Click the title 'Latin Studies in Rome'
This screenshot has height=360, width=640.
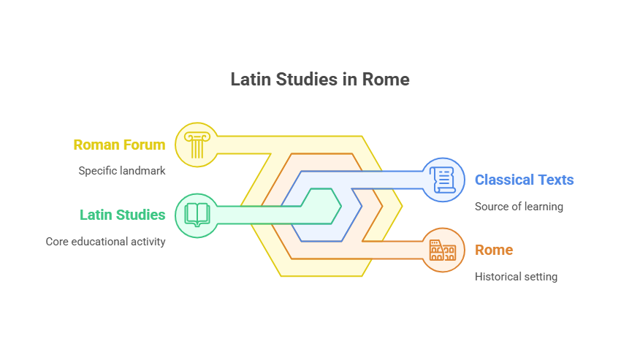[320, 79]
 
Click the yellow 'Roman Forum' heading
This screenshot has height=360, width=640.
[119, 145]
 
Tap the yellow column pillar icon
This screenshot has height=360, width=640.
[197, 145]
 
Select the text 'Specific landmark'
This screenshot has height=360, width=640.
[122, 171]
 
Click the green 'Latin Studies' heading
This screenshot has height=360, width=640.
[122, 215]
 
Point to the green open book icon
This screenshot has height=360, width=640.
[197, 215]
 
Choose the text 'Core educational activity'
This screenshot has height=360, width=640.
[105, 241]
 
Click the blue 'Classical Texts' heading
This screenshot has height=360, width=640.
[524, 180]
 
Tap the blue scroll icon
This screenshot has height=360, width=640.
[443, 180]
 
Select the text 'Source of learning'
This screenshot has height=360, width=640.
[519, 206]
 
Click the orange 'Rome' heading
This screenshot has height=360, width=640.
[494, 250]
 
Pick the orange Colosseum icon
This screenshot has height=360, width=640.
[443, 250]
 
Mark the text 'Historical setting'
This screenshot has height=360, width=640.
[516, 276]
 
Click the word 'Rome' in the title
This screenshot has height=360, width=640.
[389, 79]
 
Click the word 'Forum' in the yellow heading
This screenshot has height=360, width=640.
[145, 145]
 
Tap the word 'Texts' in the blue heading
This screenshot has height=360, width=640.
[556, 180]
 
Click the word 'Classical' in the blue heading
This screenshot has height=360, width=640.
[505, 180]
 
